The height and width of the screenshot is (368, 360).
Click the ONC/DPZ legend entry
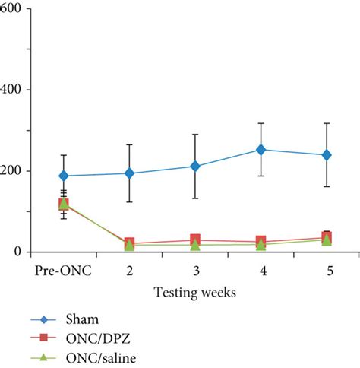point(92,340)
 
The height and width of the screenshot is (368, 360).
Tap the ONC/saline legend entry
point(95,357)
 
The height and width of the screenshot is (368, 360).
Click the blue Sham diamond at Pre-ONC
point(64,176)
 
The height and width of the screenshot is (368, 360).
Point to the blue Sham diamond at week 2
point(129,173)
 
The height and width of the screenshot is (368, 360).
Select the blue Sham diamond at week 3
point(195,166)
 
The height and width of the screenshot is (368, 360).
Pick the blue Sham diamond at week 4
point(261,150)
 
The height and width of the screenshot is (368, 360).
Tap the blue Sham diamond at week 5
point(327,155)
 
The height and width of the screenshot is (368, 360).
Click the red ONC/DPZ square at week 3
point(195,240)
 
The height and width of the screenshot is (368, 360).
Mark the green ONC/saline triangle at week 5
point(327,240)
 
